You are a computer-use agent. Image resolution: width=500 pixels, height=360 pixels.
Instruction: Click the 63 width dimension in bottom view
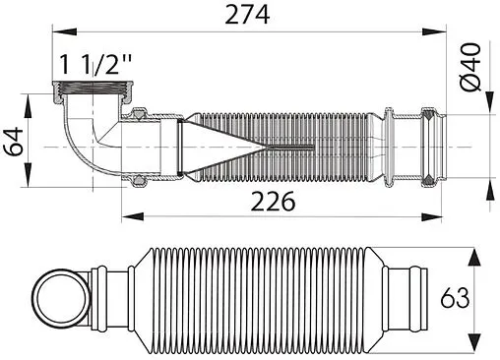click(480, 295)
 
